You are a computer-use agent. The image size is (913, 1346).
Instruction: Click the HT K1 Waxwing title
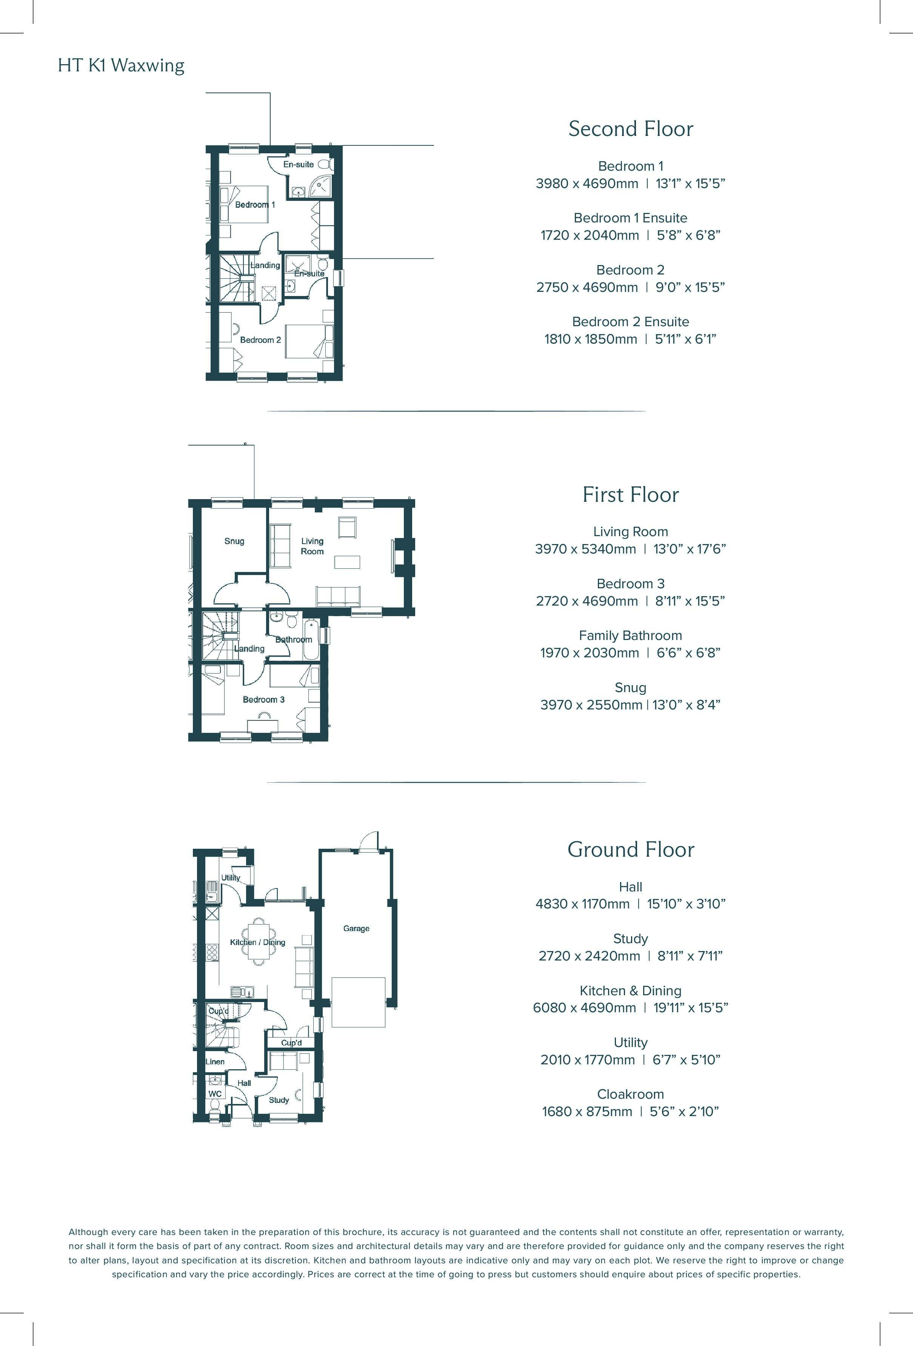pos(121,65)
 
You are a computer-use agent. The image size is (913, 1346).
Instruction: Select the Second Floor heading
pos(630,129)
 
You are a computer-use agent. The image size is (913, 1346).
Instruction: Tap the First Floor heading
pos(630,495)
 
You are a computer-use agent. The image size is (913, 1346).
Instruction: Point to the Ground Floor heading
pos(630,850)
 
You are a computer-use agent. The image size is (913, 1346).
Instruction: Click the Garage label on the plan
pos(356,928)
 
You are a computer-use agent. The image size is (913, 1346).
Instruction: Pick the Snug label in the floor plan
pos(234,541)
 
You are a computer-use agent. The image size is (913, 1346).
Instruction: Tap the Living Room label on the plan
pos(312,546)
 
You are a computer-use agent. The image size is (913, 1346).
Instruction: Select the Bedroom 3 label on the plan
pos(263,700)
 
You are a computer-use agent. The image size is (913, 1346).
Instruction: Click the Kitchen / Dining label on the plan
pos(258,942)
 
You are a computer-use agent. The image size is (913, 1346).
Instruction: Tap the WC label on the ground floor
pos(215,1093)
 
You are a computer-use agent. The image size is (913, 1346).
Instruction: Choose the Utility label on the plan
pos(231,877)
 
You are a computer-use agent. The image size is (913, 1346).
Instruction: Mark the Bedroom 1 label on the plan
pos(255,204)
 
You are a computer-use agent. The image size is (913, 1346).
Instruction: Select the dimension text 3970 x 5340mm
pos(585,549)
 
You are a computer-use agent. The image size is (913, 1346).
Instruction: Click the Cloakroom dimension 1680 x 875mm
pos(587,1112)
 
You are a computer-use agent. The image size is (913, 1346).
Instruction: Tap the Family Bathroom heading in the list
pos(630,635)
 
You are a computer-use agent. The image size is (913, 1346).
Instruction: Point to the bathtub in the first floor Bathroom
pos(311,640)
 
